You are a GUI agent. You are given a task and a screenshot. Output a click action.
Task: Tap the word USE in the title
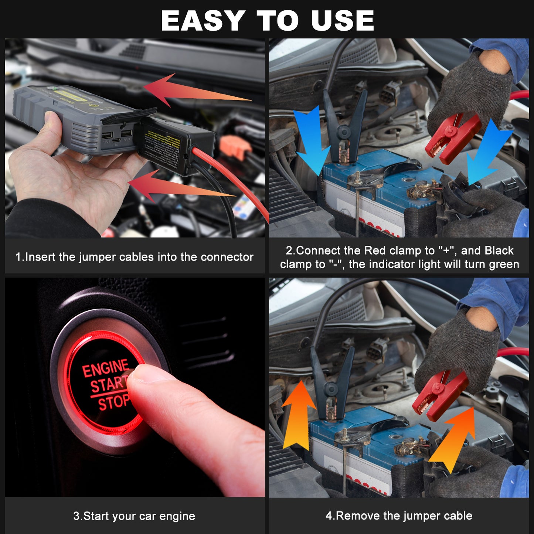click(x=342, y=21)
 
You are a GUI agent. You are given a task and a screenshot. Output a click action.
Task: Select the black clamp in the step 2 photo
click(x=344, y=127)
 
